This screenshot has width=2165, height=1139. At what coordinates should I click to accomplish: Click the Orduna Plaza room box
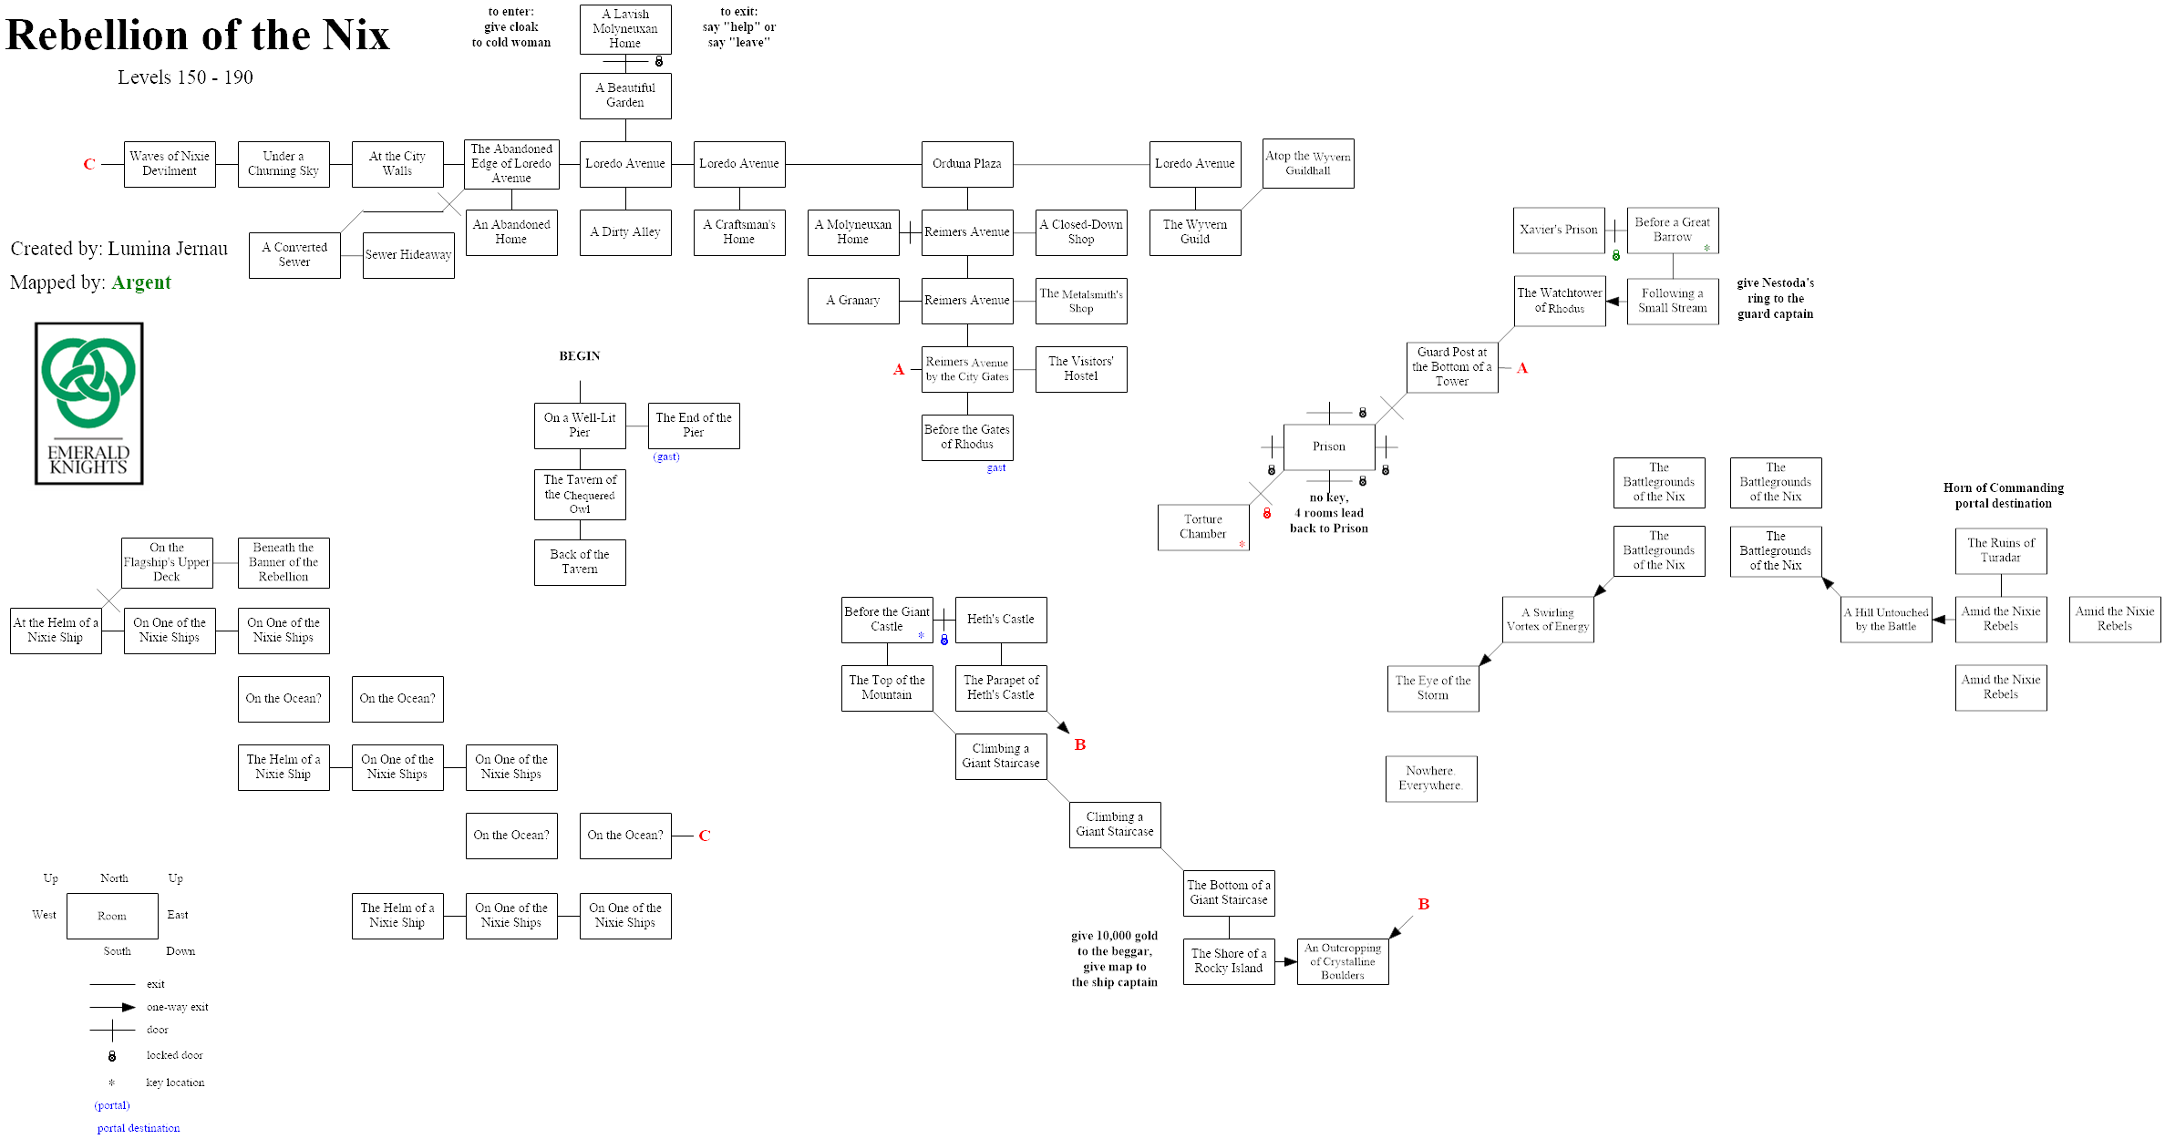tap(966, 164)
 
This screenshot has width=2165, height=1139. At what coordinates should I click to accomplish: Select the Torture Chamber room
tap(1202, 527)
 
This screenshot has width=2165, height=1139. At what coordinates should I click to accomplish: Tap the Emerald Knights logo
tap(88, 403)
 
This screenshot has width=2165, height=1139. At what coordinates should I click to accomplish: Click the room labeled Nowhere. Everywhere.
tap(1430, 778)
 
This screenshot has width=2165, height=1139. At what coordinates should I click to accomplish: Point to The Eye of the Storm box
tap(1432, 688)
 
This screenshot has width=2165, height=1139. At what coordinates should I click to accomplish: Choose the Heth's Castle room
tap(1000, 620)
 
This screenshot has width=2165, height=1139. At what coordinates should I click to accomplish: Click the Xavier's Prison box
tap(1558, 230)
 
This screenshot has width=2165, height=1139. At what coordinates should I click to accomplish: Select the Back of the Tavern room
tap(580, 561)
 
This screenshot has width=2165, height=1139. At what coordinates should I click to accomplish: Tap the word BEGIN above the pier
tap(580, 356)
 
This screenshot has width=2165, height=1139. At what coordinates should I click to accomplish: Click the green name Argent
tap(141, 282)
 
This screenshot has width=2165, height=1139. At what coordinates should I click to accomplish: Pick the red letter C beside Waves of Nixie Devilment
tap(89, 164)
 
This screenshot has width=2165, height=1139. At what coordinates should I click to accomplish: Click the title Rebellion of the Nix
tap(198, 36)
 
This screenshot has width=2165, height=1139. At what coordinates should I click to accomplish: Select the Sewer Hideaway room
tap(408, 255)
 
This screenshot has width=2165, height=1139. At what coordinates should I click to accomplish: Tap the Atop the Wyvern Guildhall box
tap(1308, 163)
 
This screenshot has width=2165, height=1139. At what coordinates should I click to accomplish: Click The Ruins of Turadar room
tap(2000, 550)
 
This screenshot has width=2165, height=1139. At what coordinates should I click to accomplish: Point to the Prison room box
tap(1328, 446)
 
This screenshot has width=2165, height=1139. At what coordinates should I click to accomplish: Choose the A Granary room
tap(852, 301)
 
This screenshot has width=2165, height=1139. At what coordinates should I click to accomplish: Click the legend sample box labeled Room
tap(112, 916)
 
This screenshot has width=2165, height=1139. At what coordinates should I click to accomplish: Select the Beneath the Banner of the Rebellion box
tap(284, 562)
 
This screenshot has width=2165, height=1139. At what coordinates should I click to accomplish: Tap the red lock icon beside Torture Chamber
tap(1267, 514)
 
